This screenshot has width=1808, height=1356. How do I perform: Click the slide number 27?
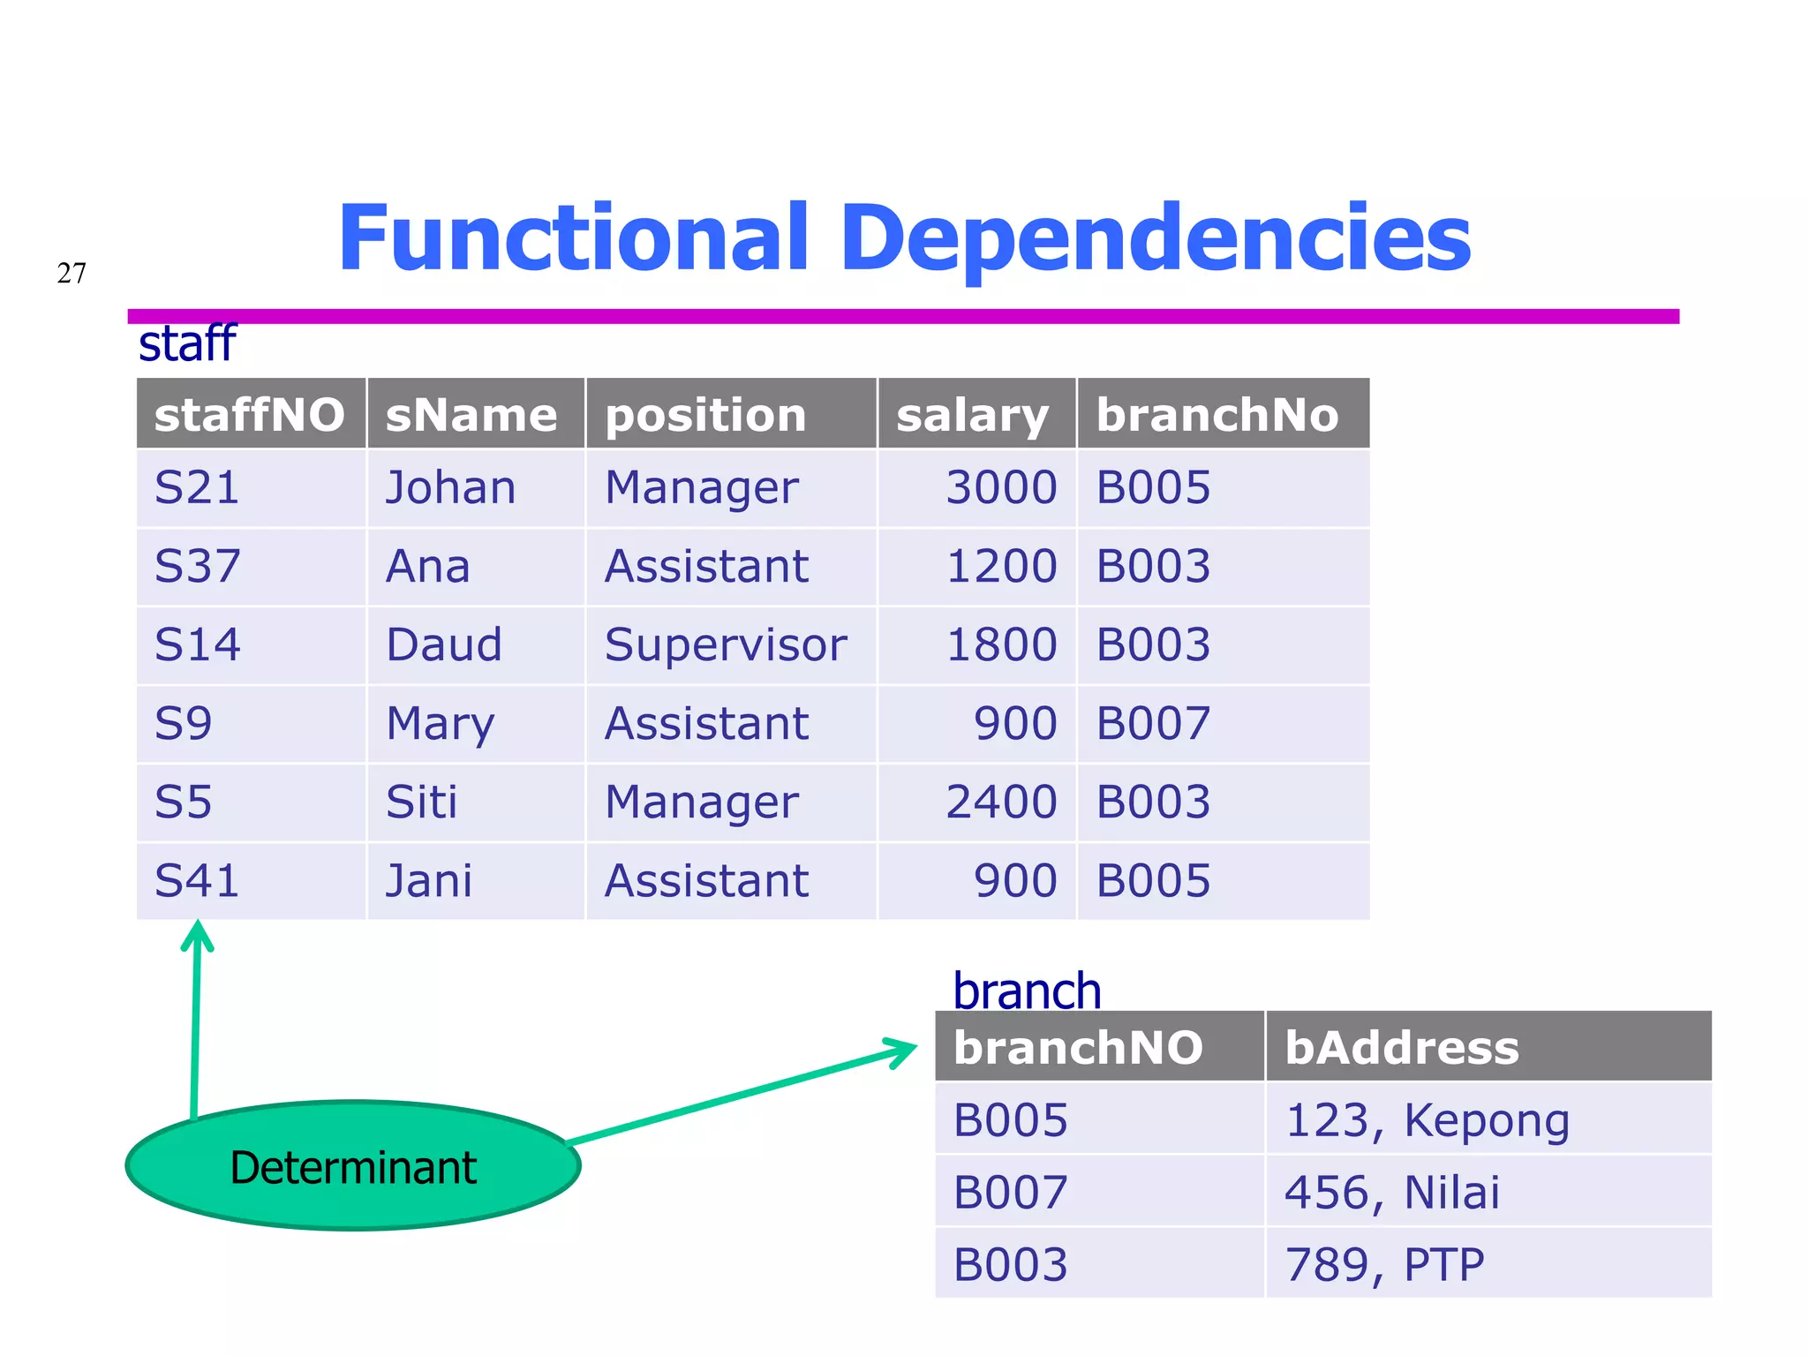72,273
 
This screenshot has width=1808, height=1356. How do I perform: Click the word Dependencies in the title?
1155,238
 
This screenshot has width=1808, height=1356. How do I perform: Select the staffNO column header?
250,414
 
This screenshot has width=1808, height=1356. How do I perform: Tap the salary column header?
973,414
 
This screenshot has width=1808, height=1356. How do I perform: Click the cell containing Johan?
451,487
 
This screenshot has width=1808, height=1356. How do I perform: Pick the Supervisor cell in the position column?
726,644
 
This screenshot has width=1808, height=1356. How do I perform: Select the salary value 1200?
1001,566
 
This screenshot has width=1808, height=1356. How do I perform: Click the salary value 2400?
1001,802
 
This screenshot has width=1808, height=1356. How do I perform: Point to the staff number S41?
197,880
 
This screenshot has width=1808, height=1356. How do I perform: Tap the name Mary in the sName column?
441,723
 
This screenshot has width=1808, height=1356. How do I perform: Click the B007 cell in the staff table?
1153,723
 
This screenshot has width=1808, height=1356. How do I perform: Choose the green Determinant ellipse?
353,1166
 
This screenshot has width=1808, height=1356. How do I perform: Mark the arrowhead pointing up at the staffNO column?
198,934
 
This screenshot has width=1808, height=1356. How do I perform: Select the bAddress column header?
1402,1047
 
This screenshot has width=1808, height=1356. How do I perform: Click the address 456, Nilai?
1392,1192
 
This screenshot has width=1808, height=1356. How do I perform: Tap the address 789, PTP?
1384,1264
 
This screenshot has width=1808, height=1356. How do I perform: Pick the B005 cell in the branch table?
1011,1119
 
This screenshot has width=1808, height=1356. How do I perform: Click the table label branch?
1027,991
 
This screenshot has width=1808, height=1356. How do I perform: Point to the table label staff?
187,343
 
